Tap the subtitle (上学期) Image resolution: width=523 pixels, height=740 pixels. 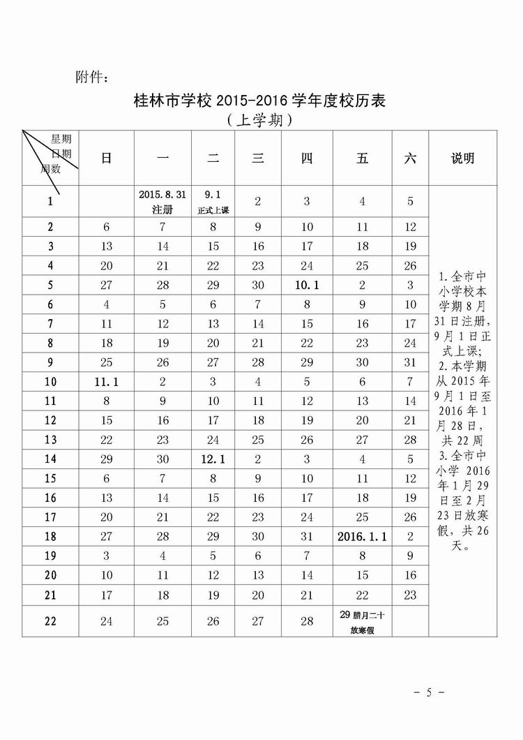tap(259, 120)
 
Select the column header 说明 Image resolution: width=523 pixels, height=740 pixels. tap(462, 158)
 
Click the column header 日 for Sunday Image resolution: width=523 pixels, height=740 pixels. tap(106, 158)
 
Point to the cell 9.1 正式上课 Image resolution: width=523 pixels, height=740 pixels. tap(213, 202)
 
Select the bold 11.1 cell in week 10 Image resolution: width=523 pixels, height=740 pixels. tap(106, 382)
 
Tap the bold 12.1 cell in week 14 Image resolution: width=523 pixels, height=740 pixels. tap(213, 459)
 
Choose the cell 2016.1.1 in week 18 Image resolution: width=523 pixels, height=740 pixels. tap(362, 537)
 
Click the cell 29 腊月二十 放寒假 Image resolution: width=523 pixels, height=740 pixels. tap(362, 621)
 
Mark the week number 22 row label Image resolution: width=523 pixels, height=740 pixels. tap(50, 621)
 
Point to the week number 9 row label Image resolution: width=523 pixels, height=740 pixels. tap(50, 362)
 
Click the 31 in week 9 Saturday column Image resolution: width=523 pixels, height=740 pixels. tap(410, 362)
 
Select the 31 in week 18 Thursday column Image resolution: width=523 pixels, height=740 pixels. tap(307, 537)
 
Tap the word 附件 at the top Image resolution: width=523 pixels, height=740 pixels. tap(91, 76)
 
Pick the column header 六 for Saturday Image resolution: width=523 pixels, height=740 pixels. tap(410, 158)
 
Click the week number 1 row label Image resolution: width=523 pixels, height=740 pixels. tap(50, 202)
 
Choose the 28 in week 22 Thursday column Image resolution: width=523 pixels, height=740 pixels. tap(307, 621)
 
